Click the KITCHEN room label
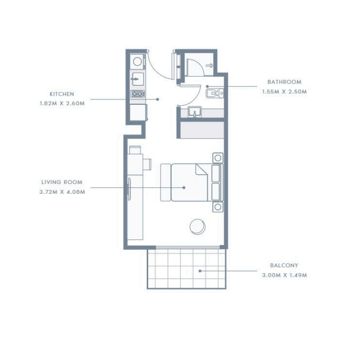click(x=62, y=94)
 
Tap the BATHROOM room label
click(x=284, y=82)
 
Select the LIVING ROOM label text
click(x=62, y=182)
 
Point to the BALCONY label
click(x=284, y=266)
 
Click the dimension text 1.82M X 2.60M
click(x=62, y=103)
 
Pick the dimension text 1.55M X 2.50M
click(x=284, y=92)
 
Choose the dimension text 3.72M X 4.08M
click(x=62, y=192)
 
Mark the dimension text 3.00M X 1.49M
click(x=284, y=275)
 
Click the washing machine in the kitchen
click(x=137, y=62)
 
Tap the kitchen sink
click(x=138, y=79)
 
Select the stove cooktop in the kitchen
click(x=138, y=94)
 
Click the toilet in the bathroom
click(x=214, y=93)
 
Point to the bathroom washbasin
click(x=195, y=112)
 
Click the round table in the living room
click(x=198, y=226)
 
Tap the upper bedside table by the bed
click(x=218, y=158)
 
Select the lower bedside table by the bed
click(x=218, y=207)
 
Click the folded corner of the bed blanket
click(x=201, y=169)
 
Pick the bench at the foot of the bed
click(x=166, y=182)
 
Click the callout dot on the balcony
click(x=200, y=271)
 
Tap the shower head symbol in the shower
click(x=210, y=66)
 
